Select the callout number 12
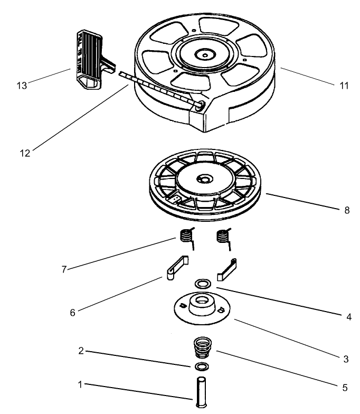(24, 153)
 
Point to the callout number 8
(346, 210)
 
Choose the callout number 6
(72, 313)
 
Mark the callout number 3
(346, 360)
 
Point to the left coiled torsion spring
(186, 236)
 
